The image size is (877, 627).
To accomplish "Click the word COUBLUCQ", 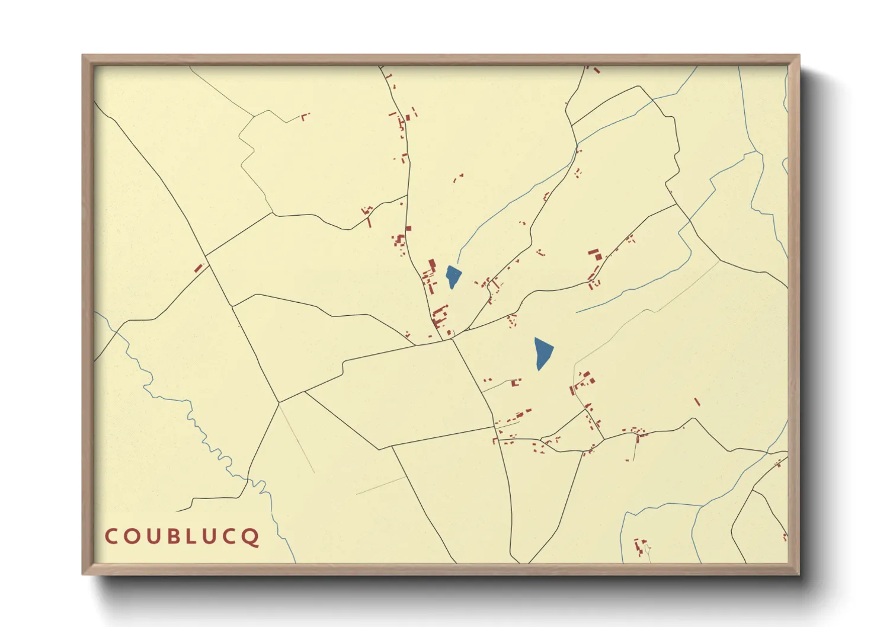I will [182, 536].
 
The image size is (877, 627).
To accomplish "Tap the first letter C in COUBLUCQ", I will [111, 536].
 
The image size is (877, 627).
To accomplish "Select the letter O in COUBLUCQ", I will [132, 536].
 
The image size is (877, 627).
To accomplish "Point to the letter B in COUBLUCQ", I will [172, 536].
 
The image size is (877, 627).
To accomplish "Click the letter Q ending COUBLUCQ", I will [251, 537].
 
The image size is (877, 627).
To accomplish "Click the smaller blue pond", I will [453, 276].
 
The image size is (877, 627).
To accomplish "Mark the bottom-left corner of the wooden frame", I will [84, 573].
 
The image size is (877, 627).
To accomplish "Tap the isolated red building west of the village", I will [199, 268].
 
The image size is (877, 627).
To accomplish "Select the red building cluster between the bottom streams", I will [641, 546].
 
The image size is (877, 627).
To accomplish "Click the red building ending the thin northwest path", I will [305, 116].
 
